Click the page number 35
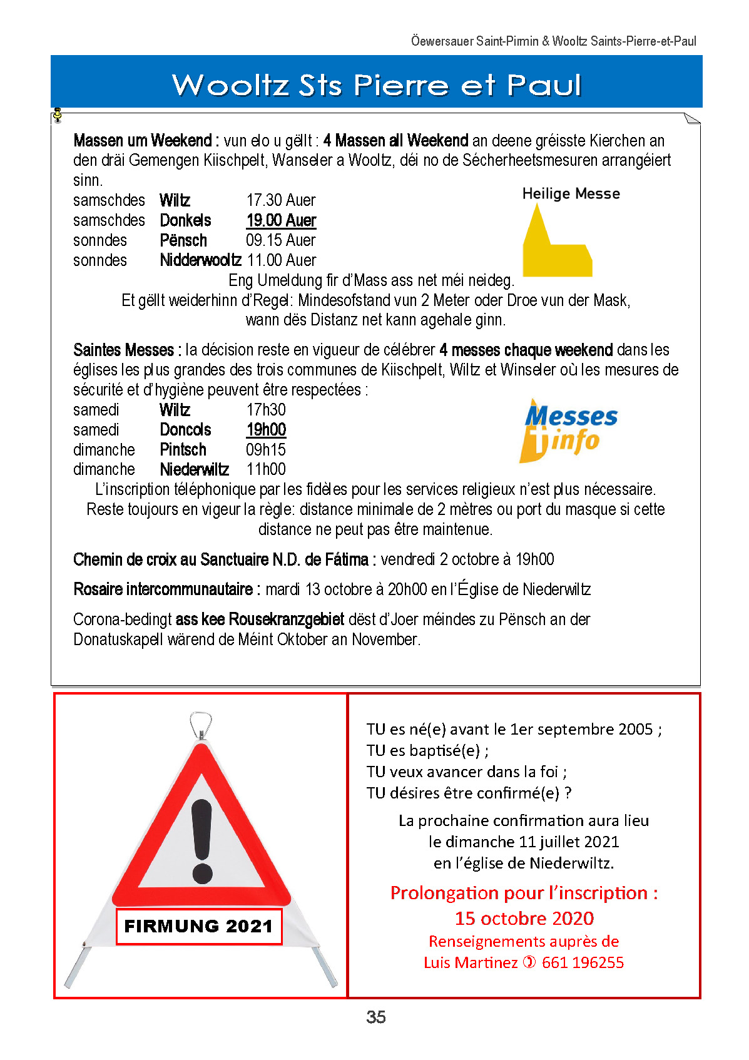click(x=375, y=1017)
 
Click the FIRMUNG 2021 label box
click(x=199, y=926)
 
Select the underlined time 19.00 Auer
click(x=281, y=220)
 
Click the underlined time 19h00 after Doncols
click(x=266, y=430)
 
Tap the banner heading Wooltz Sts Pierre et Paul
click(x=376, y=84)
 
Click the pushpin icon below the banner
click(x=58, y=115)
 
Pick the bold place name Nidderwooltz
click(x=200, y=260)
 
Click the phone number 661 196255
click(x=583, y=962)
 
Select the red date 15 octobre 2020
click(x=524, y=918)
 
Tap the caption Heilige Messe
click(x=571, y=194)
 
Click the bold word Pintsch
click(x=183, y=450)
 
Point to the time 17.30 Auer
click(x=280, y=200)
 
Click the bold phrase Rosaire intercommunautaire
click(x=163, y=589)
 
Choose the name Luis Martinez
click(x=470, y=962)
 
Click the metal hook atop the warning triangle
click(x=201, y=724)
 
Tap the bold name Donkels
click(x=185, y=220)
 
